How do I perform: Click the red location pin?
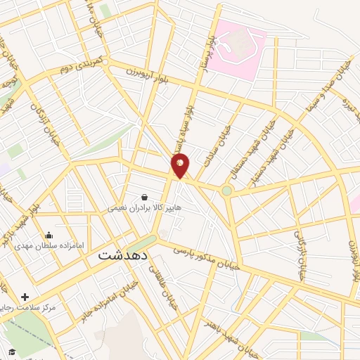181,166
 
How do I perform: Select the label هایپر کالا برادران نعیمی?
145,209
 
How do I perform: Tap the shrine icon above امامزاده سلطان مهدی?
49,236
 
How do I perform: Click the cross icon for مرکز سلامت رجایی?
25,297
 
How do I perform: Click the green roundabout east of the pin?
226,190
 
